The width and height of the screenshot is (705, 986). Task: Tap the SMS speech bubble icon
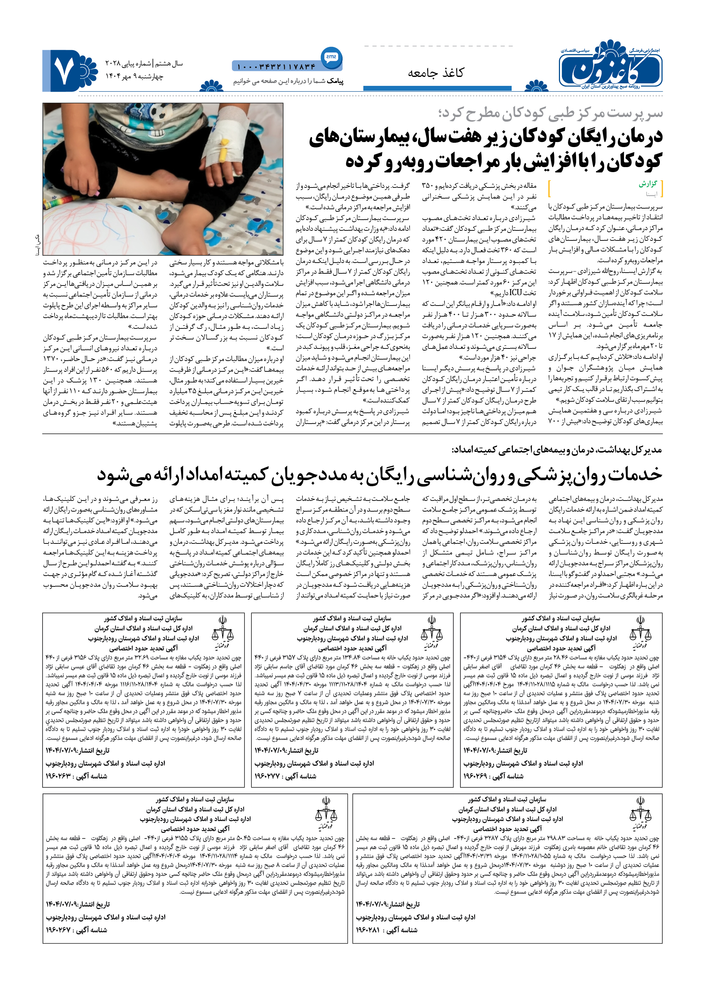pyautogui.click(x=331, y=57)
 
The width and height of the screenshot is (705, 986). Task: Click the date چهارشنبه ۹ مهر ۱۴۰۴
pyautogui.click(x=135, y=76)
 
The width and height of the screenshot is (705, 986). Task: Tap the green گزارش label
pyautogui.click(x=647, y=184)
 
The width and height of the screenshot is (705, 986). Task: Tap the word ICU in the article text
pyautogui.click(x=515, y=292)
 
